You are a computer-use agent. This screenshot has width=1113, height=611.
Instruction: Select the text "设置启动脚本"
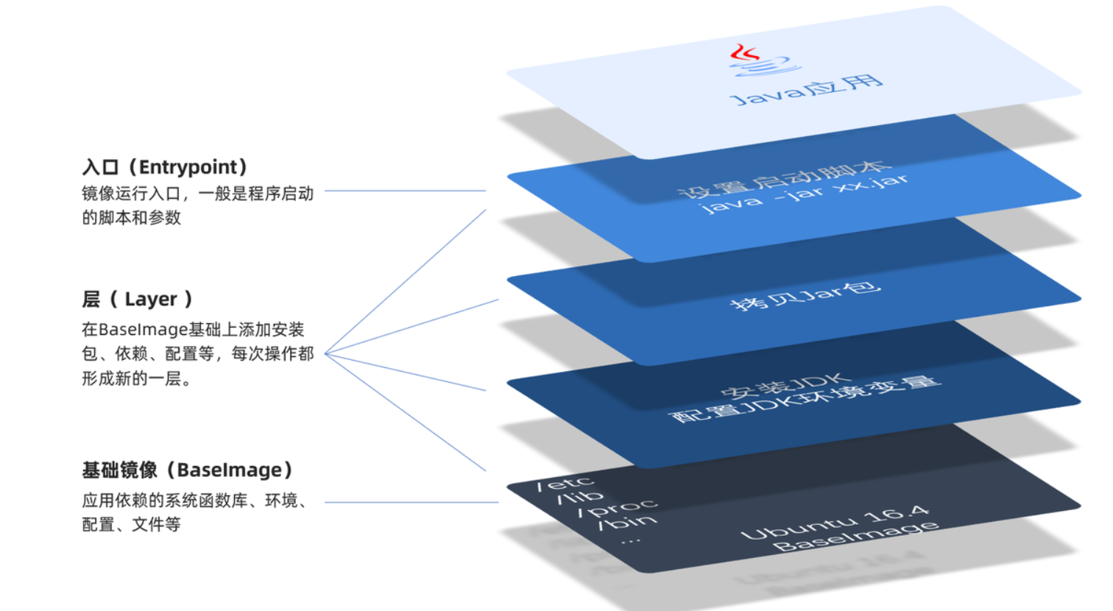783,179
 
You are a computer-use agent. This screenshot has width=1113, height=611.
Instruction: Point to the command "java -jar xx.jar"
804,194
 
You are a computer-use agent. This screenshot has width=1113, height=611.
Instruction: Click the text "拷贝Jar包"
805,294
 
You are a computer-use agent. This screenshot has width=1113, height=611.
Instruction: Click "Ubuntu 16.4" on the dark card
835,522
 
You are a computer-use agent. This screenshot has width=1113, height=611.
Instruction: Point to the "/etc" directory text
565,484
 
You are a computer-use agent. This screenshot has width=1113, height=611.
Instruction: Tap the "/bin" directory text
626,522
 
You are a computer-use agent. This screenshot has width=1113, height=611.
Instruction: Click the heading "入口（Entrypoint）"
166,168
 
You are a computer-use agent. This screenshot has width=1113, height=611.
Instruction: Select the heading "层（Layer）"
138,299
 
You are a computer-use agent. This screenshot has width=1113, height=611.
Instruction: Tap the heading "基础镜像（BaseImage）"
188,470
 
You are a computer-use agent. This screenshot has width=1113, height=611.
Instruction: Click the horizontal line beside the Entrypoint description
405,191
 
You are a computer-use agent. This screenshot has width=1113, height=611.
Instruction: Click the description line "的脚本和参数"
131,218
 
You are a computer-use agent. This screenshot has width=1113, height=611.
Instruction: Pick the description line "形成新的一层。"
137,379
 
